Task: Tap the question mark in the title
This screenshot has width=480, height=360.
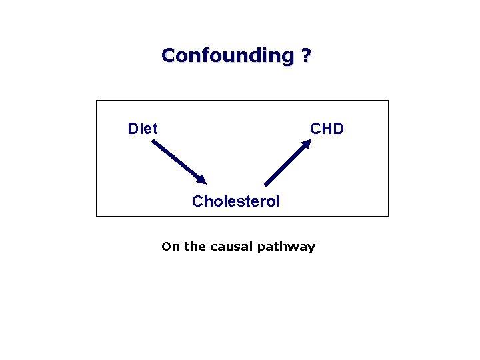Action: pyautogui.click(x=305, y=55)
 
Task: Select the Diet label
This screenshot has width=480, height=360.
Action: pyautogui.click(x=143, y=129)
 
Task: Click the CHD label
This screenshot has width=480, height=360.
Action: pyautogui.click(x=327, y=129)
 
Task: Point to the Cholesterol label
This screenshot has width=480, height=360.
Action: pyautogui.click(x=236, y=201)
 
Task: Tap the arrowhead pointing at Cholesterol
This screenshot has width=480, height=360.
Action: pyautogui.click(x=201, y=179)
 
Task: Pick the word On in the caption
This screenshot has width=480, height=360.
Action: pyautogui.click(x=171, y=247)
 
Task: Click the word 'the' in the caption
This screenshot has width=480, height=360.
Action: pyautogui.click(x=195, y=247)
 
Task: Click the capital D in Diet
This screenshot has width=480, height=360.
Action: pyautogui.click(x=133, y=129)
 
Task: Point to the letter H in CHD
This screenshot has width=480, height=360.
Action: pyautogui.click(x=327, y=129)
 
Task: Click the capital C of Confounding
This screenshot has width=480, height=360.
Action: pyautogui.click(x=168, y=55)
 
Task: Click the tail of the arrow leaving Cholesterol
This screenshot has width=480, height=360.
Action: pyautogui.click(x=267, y=183)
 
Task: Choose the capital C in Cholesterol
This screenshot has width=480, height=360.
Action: pyautogui.click(x=197, y=201)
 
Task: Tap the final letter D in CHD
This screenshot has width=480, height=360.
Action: pyautogui.click(x=337, y=129)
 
